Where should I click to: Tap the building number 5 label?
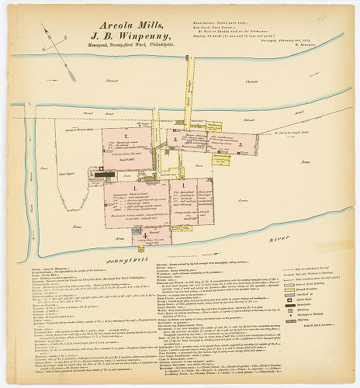click(x=92, y=175)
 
